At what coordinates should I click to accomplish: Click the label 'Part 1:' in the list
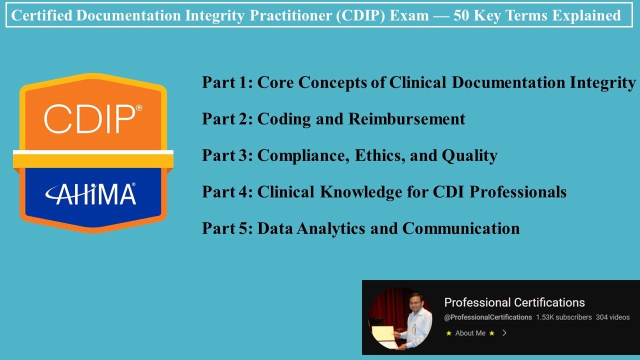[x=227, y=82]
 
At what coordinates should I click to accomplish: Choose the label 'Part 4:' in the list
[x=227, y=192]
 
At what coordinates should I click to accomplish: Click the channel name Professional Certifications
[x=514, y=302]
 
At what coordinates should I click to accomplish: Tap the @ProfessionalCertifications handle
[x=488, y=317]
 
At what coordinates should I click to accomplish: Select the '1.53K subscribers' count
[x=563, y=317]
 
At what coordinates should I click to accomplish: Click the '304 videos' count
[x=612, y=317]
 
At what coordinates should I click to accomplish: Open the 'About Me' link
[x=470, y=333]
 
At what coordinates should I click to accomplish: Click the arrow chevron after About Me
[x=504, y=333]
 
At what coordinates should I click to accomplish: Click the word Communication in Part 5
[x=461, y=228]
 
